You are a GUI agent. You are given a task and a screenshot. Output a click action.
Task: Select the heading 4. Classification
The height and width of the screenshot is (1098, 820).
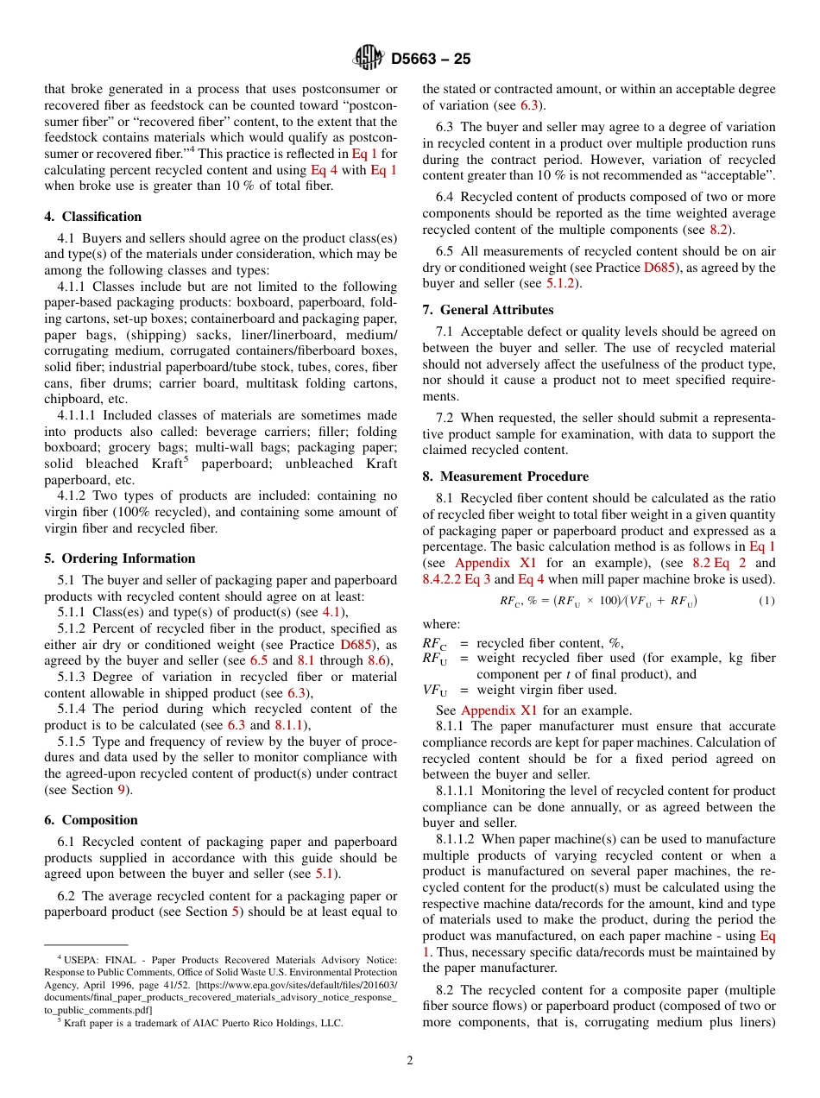tap(93, 217)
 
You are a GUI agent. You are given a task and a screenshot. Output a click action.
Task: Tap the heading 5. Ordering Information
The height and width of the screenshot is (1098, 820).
tap(120, 558)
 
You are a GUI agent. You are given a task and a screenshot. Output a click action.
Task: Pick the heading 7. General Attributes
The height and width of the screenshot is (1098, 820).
tap(488, 310)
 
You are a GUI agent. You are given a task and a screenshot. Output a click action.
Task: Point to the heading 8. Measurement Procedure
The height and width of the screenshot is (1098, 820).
tap(505, 476)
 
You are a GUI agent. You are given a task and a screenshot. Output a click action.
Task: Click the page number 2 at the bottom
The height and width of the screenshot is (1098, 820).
tap(410, 1061)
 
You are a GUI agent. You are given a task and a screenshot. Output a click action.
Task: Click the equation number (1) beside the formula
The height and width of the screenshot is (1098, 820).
tap(766, 601)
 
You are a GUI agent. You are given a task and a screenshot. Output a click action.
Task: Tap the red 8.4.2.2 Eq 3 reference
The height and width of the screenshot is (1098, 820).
tap(456, 579)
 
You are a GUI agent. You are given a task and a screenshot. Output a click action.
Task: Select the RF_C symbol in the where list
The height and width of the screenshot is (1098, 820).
tap(434, 643)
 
